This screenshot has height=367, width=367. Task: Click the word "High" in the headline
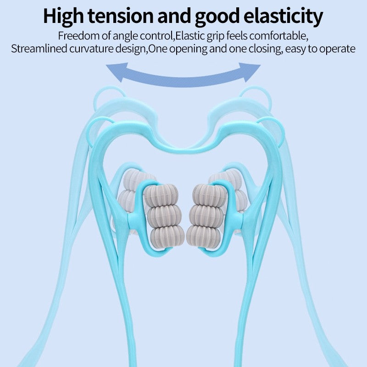tap(64, 17)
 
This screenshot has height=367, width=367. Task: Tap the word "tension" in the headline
tap(121, 17)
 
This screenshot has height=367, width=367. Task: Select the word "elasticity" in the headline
tap(283, 17)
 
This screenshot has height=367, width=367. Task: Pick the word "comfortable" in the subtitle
tap(278, 36)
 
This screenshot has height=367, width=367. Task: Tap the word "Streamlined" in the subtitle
tap(39, 49)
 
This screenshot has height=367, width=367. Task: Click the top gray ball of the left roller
tap(161, 195)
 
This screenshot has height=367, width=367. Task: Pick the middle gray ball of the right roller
tap(206, 216)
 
